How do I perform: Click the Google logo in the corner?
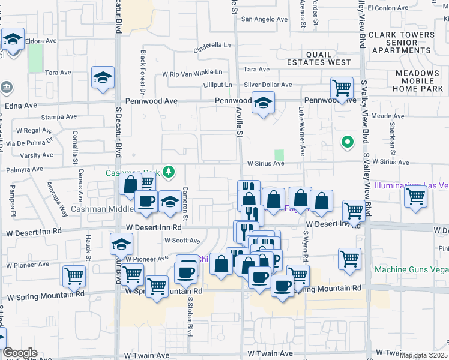point(20,353)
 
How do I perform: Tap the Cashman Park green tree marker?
point(169,172)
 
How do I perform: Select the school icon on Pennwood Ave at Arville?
point(262,104)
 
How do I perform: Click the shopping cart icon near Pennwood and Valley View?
point(342,89)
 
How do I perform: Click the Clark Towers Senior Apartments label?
point(402,43)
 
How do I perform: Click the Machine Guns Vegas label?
point(411,269)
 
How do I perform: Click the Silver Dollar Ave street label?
point(267,85)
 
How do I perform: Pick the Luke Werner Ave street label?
point(301,131)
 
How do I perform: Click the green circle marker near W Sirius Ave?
point(346,142)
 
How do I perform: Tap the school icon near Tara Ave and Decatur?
point(103,78)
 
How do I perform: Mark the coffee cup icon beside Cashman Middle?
point(145,202)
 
